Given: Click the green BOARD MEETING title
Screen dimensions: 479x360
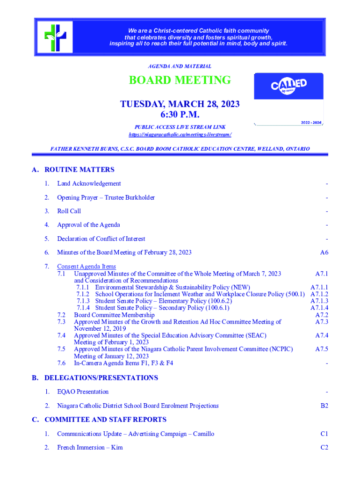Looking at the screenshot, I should [180, 80].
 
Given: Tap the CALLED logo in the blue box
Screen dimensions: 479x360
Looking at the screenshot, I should [288, 86].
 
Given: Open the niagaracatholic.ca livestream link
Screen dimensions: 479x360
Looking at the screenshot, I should [180, 135].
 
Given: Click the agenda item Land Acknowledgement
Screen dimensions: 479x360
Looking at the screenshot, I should [89, 184].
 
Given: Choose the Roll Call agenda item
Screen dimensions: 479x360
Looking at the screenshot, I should [69, 211].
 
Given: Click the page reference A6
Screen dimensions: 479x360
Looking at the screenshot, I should [324, 253].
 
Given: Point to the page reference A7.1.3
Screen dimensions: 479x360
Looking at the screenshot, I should [319, 301].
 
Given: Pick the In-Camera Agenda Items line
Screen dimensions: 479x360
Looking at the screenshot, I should [123, 363].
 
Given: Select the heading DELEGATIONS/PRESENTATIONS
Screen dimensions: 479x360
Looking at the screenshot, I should [101, 378].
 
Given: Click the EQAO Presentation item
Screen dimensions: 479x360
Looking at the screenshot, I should [83, 392].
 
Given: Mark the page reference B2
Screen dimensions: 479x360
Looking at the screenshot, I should [324, 406].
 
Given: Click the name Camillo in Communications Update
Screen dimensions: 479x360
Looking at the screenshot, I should [203, 434].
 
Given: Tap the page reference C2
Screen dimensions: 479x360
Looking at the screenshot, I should [324, 448].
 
